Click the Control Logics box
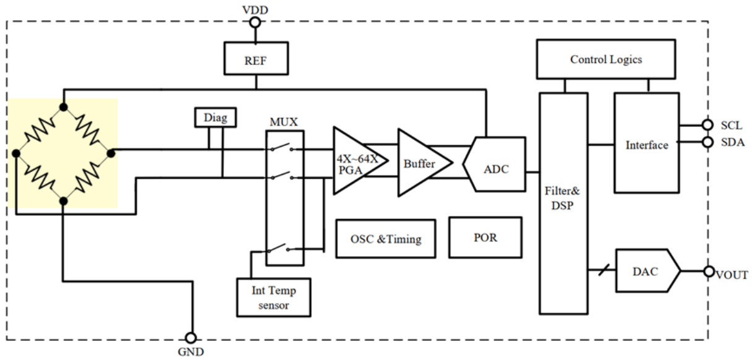click(x=605, y=60)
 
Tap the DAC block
click(x=645, y=270)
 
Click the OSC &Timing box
click(x=385, y=238)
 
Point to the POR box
click(x=485, y=237)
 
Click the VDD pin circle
click(x=254, y=23)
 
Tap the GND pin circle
click(x=192, y=338)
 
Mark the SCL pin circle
click(x=707, y=125)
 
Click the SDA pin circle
click(x=707, y=142)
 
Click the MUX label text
click(x=283, y=121)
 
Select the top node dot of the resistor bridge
click(x=63, y=107)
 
